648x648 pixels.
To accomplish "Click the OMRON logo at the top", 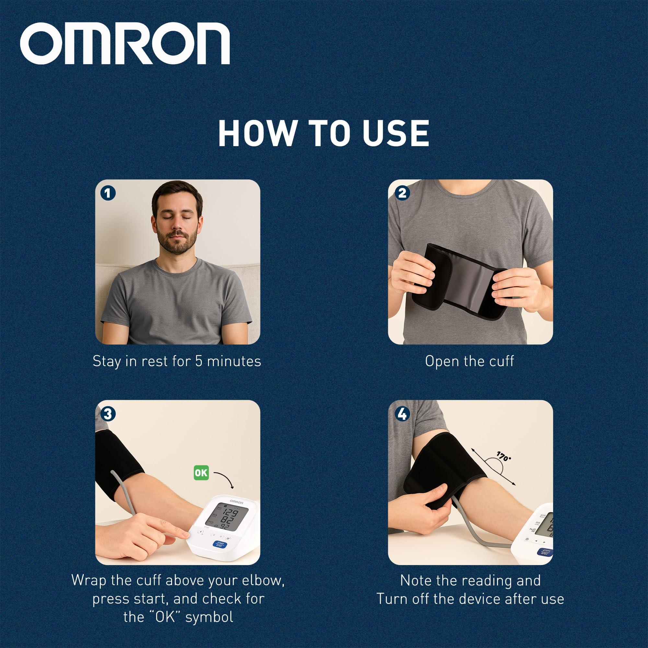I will point(124,46).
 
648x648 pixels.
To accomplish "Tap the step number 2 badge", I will point(402,193).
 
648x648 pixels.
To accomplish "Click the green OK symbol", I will point(201,473).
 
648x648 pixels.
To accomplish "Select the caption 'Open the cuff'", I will point(469,361).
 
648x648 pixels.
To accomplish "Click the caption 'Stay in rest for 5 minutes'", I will point(177,361).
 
